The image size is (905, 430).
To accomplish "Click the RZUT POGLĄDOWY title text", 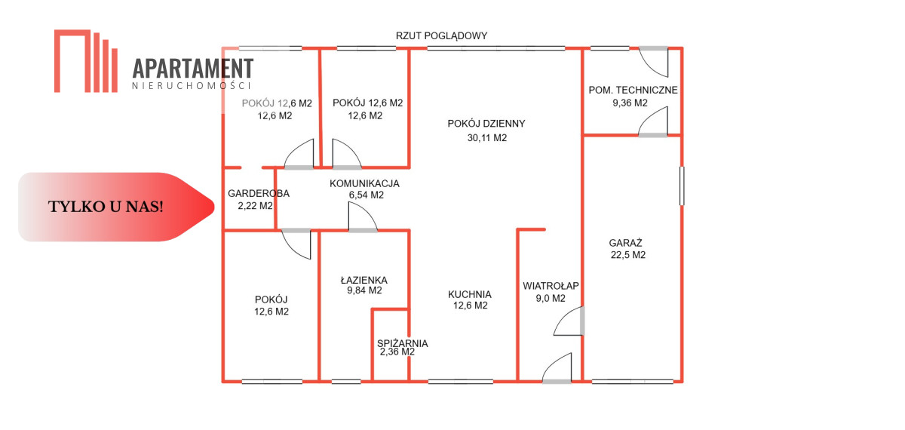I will (442, 35).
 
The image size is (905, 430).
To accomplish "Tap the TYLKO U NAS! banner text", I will (106, 207).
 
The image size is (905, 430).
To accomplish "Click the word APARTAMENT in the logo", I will (193, 68).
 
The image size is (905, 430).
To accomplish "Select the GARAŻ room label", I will (626, 243).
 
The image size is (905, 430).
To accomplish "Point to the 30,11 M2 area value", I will (487, 138).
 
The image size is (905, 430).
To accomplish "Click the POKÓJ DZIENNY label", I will (486, 124).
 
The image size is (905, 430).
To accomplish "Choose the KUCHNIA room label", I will (469, 295).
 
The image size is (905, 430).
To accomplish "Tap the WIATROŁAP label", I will (551, 286).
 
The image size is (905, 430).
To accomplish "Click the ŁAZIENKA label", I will (364, 278).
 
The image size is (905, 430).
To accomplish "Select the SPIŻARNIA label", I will (403, 343).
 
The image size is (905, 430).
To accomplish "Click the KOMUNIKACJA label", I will (364, 183).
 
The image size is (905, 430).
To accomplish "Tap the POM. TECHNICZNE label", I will (633, 91).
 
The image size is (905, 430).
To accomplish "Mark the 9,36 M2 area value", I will (630, 103).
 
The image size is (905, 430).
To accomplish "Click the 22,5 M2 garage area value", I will (628, 255).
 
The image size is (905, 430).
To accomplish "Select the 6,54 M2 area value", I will (366, 195).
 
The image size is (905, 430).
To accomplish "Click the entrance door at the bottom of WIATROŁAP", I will (557, 370).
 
